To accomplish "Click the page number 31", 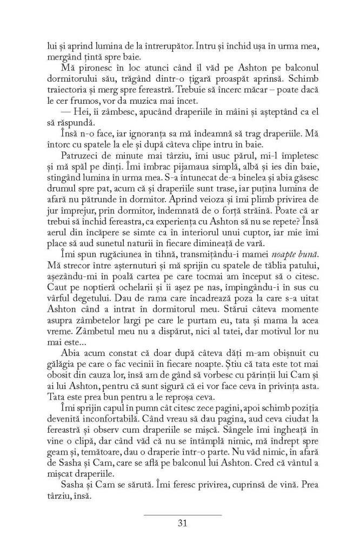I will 182,523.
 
